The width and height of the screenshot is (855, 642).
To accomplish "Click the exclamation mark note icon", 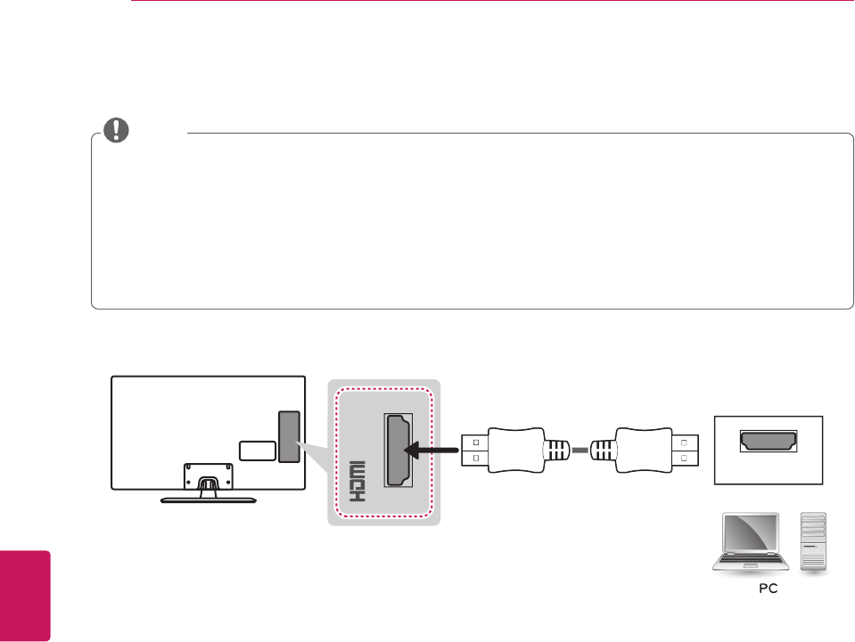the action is [116, 131].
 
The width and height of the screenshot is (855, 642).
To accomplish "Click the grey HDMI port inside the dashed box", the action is [398, 451].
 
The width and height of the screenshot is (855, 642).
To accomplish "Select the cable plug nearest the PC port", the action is [640, 450].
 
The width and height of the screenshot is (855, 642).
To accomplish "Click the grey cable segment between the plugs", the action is [580, 451].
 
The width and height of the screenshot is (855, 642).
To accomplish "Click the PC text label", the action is [766, 589].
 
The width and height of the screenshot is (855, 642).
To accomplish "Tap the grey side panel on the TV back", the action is [289, 436].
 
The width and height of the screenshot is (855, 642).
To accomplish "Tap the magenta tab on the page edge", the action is [25, 594].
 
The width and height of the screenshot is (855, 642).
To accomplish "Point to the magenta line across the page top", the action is [490, 2].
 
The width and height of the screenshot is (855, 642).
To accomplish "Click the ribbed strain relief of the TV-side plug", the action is [557, 451].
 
